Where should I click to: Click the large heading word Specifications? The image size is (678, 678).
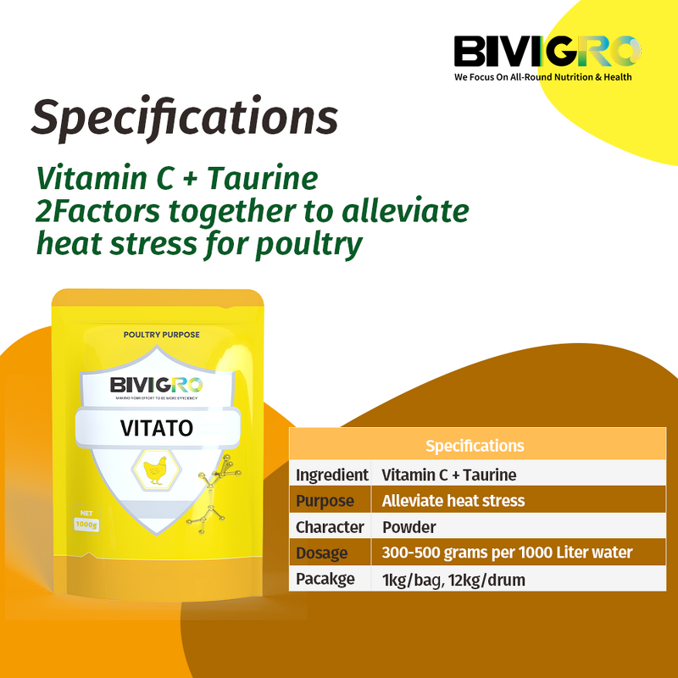[185, 117]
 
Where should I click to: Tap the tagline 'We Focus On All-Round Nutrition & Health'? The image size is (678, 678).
[543, 76]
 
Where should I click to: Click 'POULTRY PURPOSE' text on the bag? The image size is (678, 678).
[161, 335]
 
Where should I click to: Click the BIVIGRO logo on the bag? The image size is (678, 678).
[156, 385]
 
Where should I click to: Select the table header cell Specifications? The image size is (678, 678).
[475, 446]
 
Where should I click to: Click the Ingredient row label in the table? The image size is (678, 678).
[331, 475]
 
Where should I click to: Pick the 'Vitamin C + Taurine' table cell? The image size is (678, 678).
[449, 475]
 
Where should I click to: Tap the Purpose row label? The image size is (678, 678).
[325, 501]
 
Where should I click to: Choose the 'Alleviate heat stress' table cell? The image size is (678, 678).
[453, 501]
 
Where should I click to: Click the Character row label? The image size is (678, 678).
[330, 527]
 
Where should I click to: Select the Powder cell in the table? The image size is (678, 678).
[409, 527]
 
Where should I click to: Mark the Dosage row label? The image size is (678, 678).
[322, 553]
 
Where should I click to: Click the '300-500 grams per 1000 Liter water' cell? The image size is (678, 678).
[507, 553]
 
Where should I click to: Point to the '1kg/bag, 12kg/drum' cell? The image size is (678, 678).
[453, 580]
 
